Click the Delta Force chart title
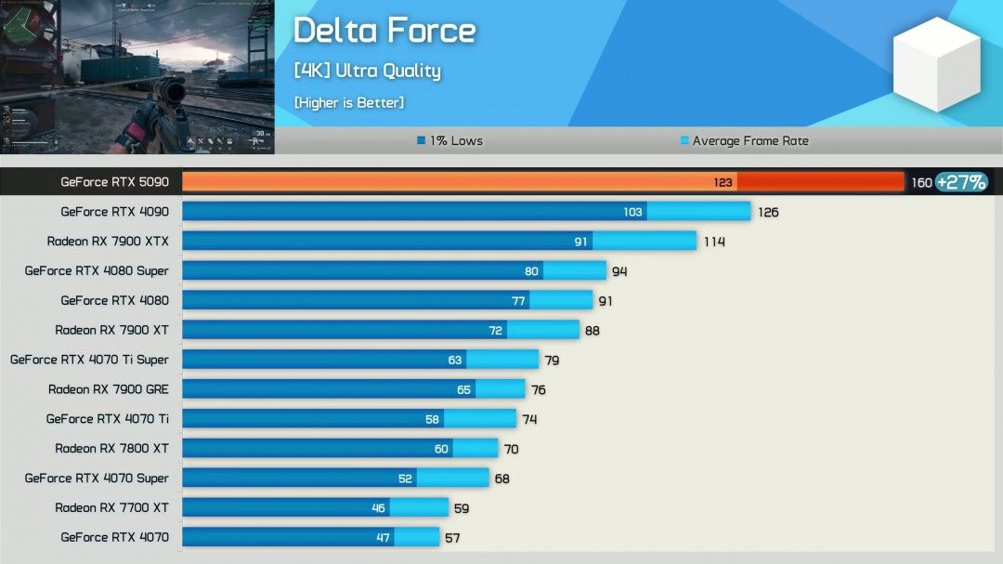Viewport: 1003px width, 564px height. click(x=384, y=31)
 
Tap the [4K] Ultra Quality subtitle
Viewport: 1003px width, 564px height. click(x=367, y=71)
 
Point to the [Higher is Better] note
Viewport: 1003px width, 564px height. click(x=348, y=102)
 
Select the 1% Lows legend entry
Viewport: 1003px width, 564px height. click(x=450, y=141)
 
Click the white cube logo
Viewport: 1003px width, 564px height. click(x=936, y=64)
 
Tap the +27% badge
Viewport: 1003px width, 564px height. click(x=961, y=182)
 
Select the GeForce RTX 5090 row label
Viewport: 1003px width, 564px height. click(x=114, y=182)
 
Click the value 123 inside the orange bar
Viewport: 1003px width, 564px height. click(x=723, y=182)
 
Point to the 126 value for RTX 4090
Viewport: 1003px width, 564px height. click(x=768, y=212)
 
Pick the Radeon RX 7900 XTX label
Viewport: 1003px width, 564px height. click(x=108, y=242)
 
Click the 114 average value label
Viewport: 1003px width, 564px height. click(x=713, y=242)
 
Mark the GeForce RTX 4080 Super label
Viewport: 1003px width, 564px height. click(x=97, y=270)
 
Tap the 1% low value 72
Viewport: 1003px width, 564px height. click(x=496, y=330)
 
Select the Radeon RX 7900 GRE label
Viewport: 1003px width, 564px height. click(x=109, y=389)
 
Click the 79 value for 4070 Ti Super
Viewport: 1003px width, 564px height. click(x=552, y=360)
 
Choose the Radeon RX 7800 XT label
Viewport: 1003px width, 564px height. click(x=111, y=448)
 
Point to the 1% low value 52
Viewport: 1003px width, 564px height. click(x=406, y=478)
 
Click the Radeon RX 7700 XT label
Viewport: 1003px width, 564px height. click(x=111, y=507)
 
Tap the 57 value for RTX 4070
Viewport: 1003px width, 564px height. click(x=452, y=537)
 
